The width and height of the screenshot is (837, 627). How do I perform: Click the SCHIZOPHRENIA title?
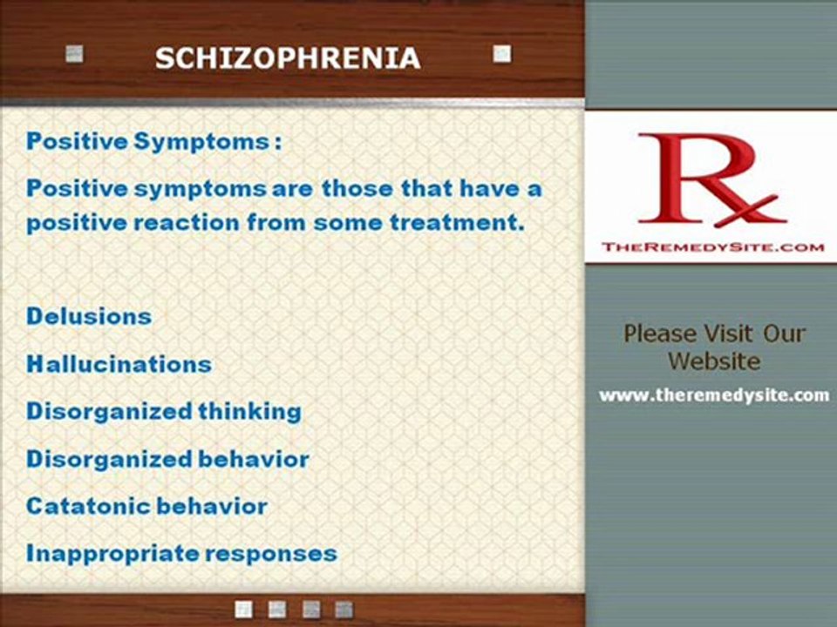pyautogui.click(x=287, y=58)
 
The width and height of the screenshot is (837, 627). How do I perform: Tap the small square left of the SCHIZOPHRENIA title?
pyautogui.click(x=75, y=54)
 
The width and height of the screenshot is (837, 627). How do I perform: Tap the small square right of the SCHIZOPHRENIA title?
pyautogui.click(x=501, y=54)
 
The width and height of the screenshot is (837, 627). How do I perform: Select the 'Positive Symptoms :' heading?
pyautogui.click(x=153, y=142)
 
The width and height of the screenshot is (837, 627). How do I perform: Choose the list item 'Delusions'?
pyautogui.click(x=89, y=316)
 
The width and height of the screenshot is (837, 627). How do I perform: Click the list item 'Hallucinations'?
pyautogui.click(x=119, y=364)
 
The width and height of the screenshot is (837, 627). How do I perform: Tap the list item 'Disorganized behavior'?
pyautogui.click(x=167, y=459)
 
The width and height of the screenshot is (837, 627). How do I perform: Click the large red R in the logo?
pyautogui.click(x=689, y=179)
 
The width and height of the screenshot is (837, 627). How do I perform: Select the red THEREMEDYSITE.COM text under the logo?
pyautogui.click(x=712, y=247)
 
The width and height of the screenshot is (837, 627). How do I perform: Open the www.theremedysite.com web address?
pyautogui.click(x=713, y=395)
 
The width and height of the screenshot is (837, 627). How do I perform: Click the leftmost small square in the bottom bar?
pyautogui.click(x=245, y=608)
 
